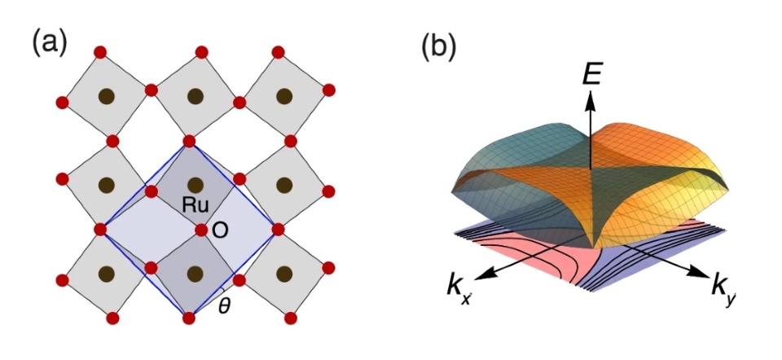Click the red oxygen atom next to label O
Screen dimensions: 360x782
(201, 230)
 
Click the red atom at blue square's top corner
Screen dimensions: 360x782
(190, 142)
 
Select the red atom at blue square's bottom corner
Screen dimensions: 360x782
(189, 318)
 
